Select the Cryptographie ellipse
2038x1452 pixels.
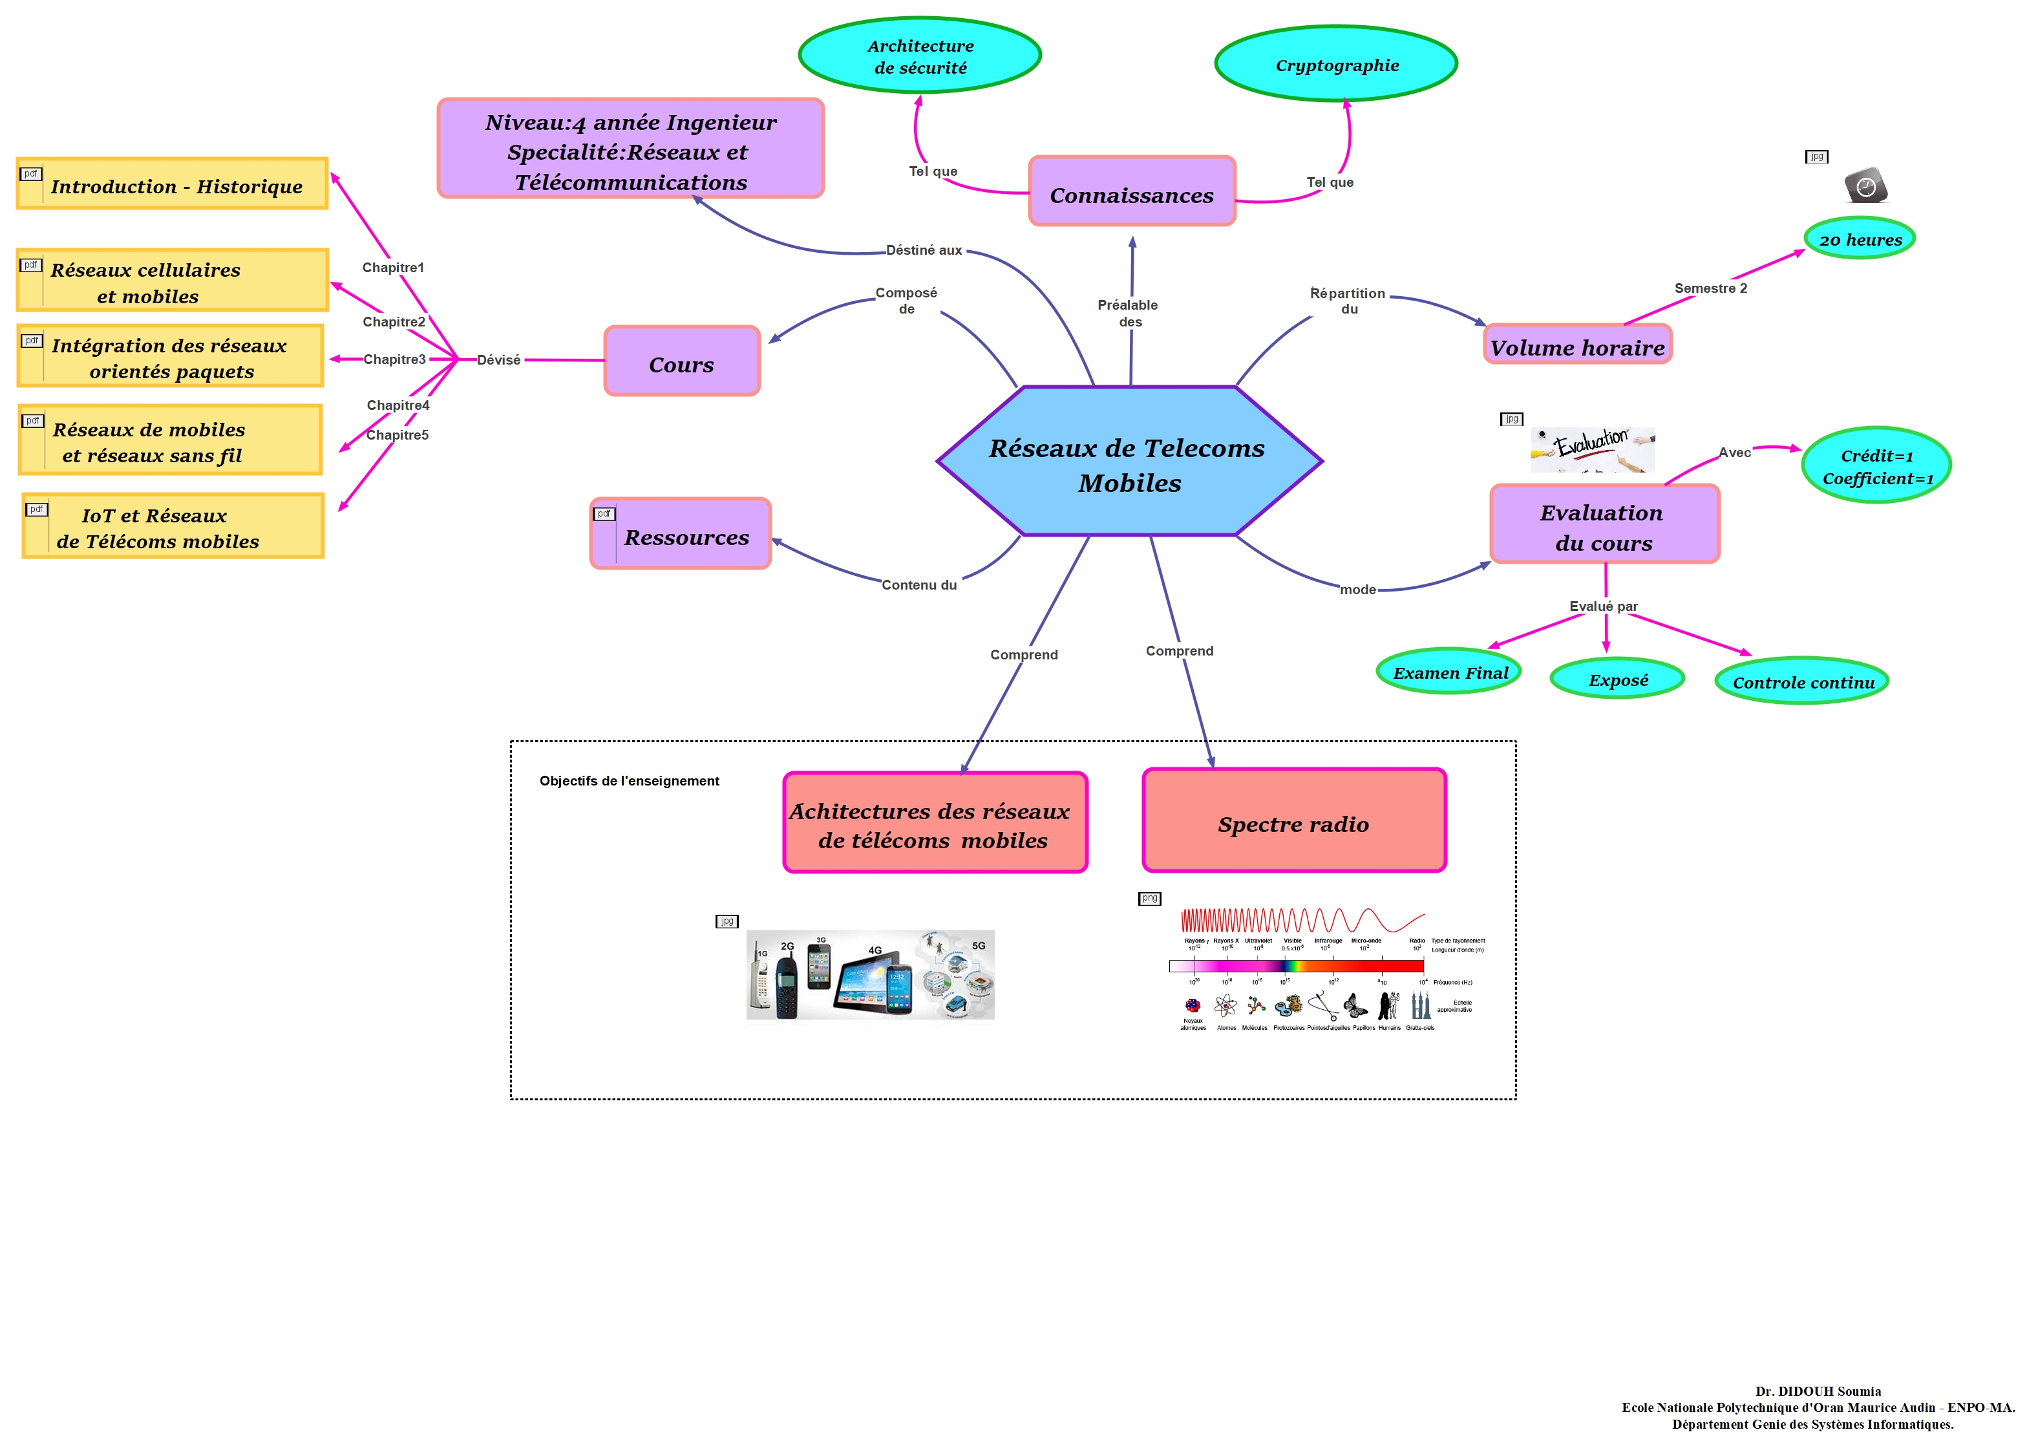[1335, 65]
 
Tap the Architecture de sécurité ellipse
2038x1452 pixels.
[919, 56]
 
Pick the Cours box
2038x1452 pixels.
[681, 362]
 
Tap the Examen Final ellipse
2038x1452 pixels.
[1449, 672]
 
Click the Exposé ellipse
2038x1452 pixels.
[1617, 679]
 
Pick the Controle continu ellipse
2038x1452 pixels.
[1802, 682]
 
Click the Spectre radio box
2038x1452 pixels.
[1293, 822]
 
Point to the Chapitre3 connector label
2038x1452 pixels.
[394, 359]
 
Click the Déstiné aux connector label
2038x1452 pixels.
[924, 250]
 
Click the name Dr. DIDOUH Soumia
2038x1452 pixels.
[1817, 1391]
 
